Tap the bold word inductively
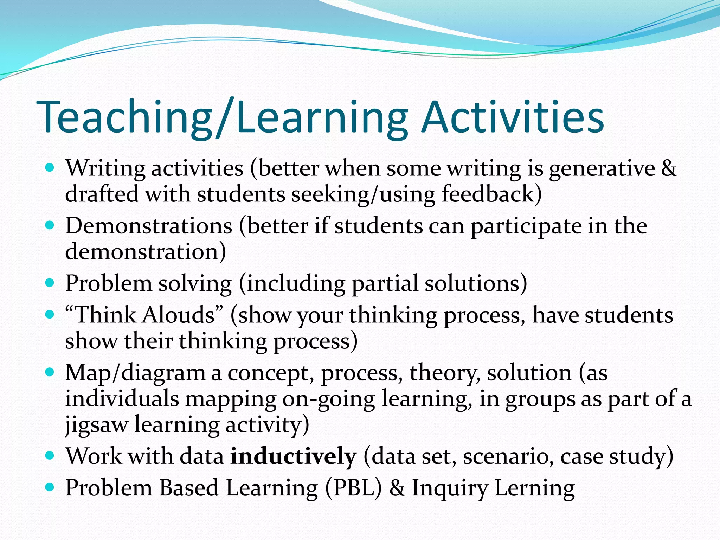293,456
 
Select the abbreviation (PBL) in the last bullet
353,488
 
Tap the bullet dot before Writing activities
50,167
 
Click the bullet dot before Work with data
50,456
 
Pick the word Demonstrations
149,226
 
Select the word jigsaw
96,425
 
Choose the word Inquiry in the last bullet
450,488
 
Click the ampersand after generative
668,168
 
